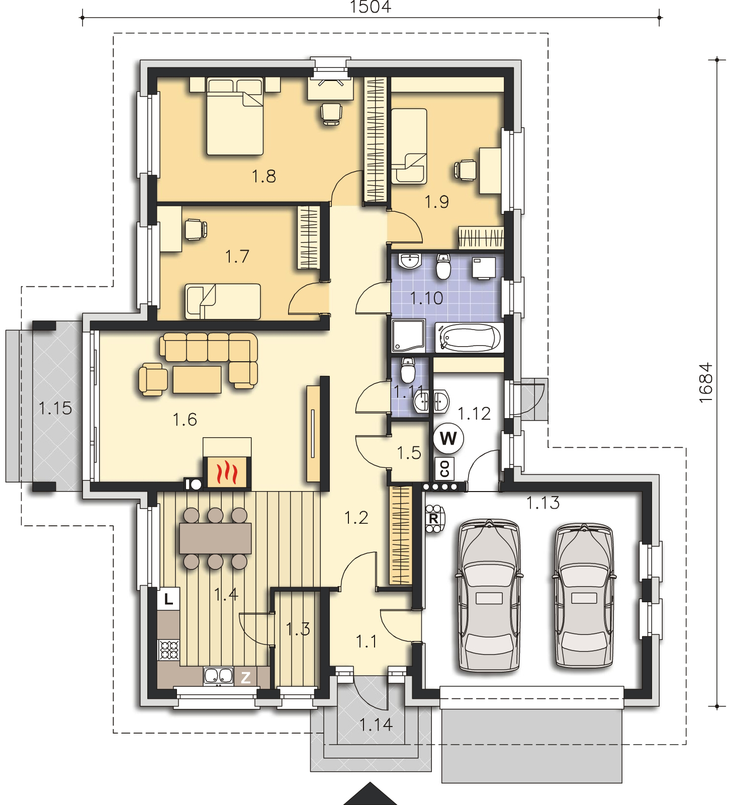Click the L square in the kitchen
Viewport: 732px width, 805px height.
coord(169,599)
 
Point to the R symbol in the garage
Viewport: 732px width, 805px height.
coord(433,518)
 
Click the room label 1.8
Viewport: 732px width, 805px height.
coord(264,176)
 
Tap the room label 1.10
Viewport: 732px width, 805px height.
coord(427,298)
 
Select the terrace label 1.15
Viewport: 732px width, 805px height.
coord(55,409)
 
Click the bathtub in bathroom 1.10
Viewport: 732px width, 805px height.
coord(470,337)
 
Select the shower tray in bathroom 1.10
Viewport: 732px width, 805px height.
coord(408,335)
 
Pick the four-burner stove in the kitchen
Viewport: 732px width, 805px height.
coord(168,650)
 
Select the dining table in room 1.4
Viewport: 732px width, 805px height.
coord(215,538)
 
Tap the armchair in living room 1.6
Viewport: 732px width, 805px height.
coord(152,380)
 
